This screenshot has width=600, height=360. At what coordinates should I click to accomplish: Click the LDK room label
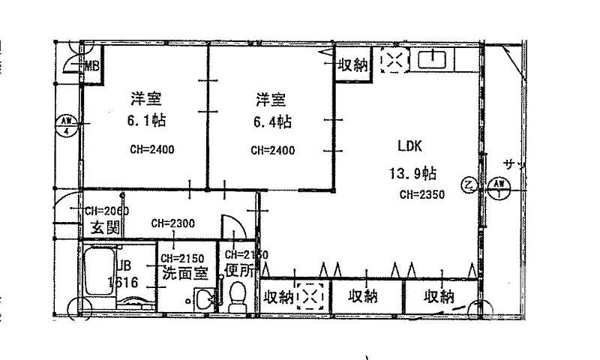409,146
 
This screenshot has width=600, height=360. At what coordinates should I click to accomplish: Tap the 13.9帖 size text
412,174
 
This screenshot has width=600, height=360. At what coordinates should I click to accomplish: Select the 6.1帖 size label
147,121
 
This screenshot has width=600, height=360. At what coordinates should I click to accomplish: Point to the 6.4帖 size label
271,121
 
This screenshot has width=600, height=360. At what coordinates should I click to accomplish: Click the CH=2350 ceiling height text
422,194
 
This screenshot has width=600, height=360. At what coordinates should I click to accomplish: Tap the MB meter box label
91,66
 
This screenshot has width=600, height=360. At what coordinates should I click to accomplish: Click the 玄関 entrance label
106,228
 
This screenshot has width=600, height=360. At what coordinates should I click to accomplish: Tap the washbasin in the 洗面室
201,299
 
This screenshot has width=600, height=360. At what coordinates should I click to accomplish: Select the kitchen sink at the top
433,58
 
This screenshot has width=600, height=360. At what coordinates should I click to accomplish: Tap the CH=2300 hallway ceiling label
172,223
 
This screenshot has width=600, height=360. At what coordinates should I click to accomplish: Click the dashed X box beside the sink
392,61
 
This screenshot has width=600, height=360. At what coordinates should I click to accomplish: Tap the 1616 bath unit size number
121,282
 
